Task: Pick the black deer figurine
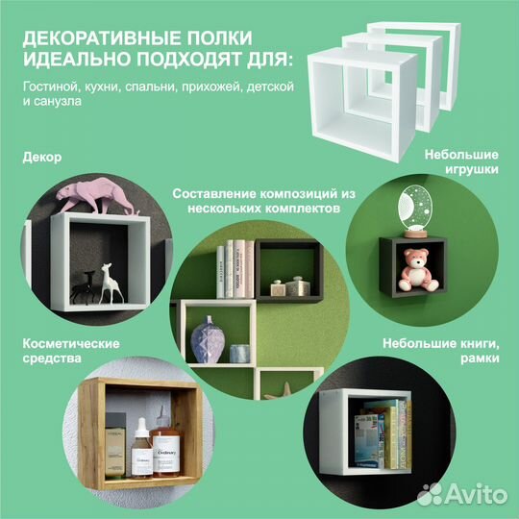pyautogui.click(x=86, y=284)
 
